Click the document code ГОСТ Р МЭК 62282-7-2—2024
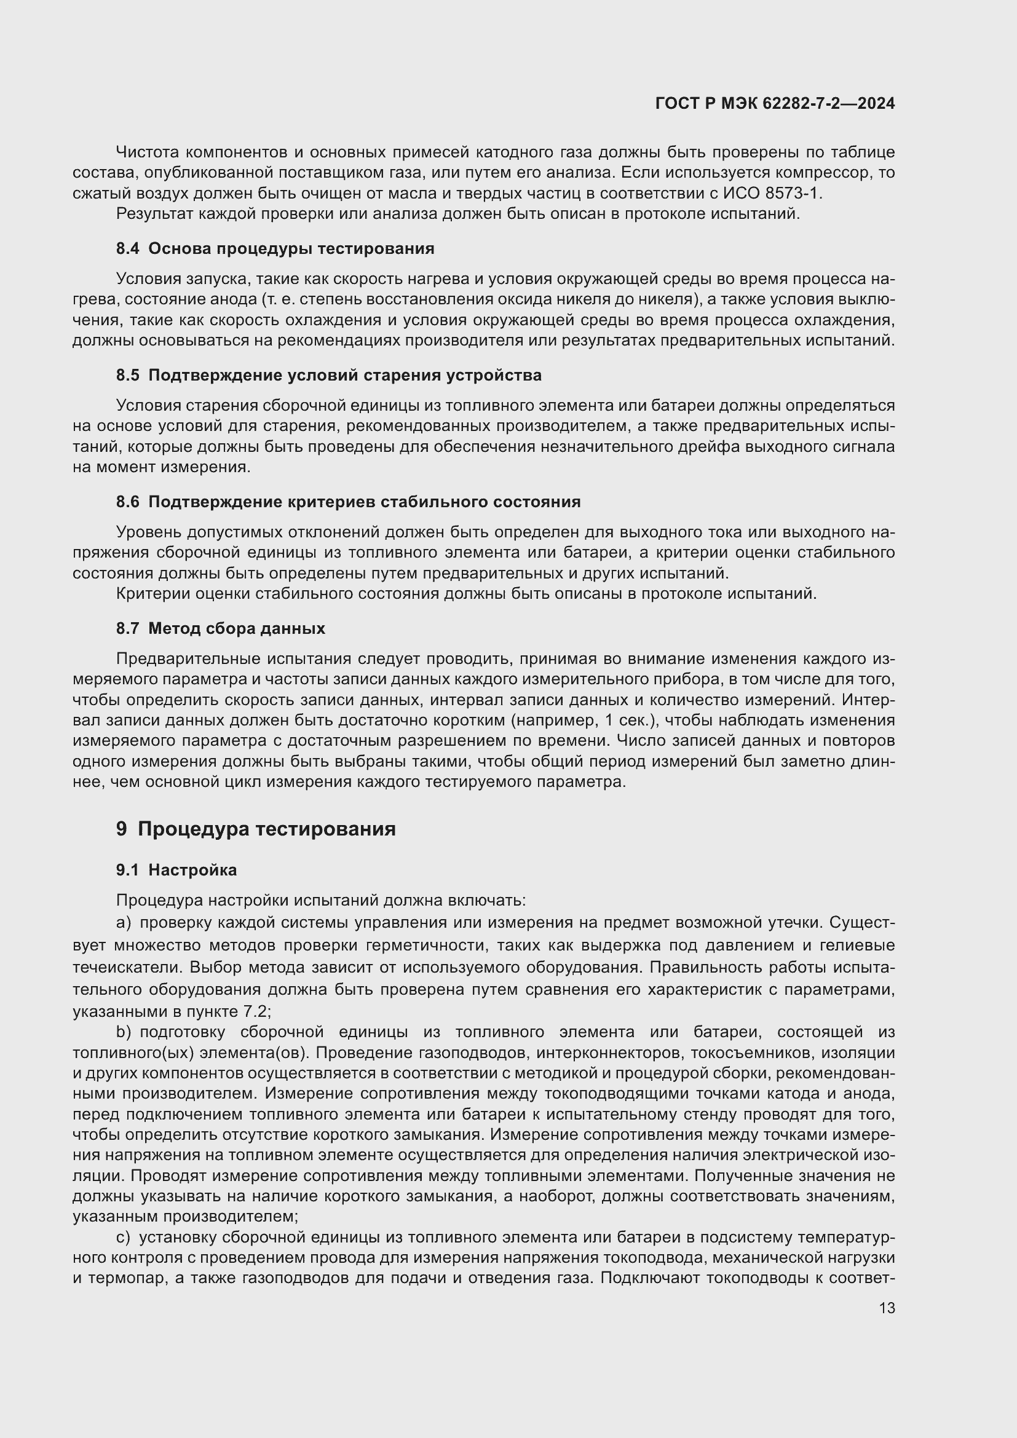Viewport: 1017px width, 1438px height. [x=775, y=103]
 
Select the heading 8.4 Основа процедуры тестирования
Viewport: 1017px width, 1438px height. [x=275, y=248]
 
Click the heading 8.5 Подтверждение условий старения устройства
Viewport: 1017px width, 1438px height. [x=329, y=375]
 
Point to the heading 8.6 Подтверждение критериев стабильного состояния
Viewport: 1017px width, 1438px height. [x=348, y=502]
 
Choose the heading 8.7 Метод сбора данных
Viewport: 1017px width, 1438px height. [x=221, y=628]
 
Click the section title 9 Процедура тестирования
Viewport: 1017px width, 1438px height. [x=256, y=829]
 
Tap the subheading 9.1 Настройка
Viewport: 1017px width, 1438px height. [x=176, y=870]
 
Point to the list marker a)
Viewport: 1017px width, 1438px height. [x=124, y=923]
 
